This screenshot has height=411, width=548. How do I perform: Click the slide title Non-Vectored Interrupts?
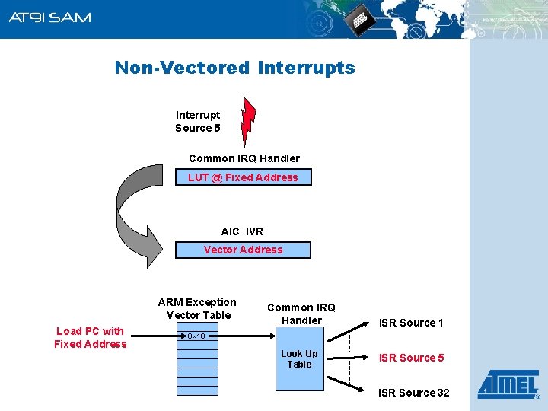(x=234, y=68)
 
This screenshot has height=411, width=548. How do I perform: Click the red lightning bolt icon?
(x=247, y=121)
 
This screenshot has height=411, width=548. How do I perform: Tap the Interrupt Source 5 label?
(x=198, y=122)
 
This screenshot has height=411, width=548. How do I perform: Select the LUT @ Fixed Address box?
(x=243, y=177)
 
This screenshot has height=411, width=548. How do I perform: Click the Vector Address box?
(x=243, y=250)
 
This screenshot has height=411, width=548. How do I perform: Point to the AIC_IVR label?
(x=242, y=231)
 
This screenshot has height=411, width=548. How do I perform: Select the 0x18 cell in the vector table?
(x=196, y=336)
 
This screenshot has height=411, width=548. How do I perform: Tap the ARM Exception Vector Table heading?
(x=197, y=308)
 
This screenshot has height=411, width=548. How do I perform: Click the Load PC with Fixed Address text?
(x=91, y=337)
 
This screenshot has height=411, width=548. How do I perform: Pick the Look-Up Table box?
(x=299, y=359)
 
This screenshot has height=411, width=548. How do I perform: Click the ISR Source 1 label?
(x=411, y=323)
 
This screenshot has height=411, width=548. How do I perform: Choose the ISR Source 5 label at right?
(x=411, y=358)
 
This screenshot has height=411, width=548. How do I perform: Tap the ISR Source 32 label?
(x=413, y=393)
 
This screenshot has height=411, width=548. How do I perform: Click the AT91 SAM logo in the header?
(x=49, y=18)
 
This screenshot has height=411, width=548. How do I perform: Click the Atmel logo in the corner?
(x=508, y=384)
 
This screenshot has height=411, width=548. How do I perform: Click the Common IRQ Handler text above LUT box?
(x=244, y=158)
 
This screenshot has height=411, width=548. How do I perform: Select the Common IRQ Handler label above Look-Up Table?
(x=301, y=314)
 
